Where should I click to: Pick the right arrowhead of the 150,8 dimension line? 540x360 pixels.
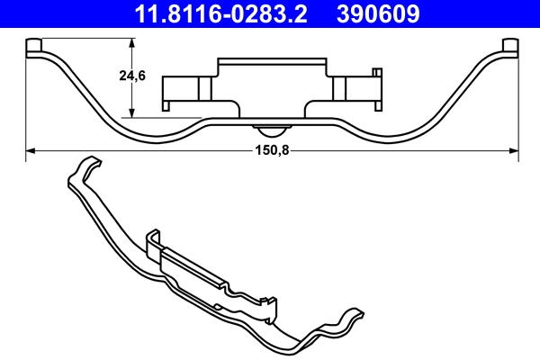[516, 151]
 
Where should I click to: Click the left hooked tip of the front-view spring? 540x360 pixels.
[34, 46]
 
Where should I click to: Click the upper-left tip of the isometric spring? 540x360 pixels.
[87, 162]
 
